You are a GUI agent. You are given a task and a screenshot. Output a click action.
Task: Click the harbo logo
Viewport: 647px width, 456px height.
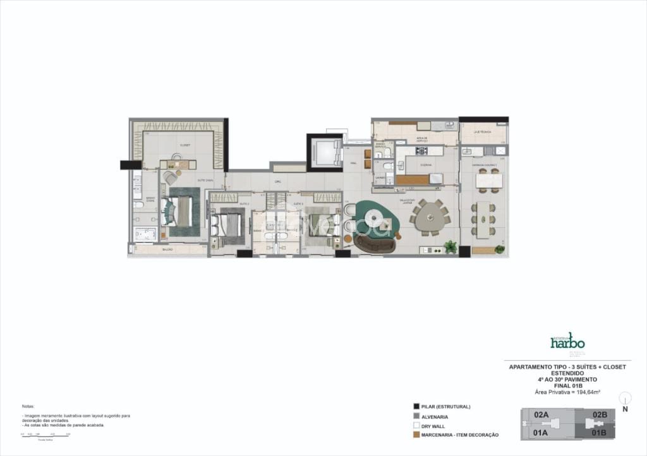567,342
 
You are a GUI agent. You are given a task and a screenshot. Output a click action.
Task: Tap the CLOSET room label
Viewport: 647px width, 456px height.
184,145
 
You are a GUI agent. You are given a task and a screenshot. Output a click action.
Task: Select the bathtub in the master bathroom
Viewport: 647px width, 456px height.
145,235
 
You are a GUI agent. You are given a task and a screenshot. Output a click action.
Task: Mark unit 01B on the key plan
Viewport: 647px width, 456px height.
599,433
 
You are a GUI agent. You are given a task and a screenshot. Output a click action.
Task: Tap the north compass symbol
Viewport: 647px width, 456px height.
625,399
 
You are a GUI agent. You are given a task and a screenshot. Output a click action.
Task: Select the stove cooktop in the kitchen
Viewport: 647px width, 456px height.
421,150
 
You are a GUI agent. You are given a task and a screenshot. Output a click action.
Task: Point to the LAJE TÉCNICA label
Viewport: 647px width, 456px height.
483,132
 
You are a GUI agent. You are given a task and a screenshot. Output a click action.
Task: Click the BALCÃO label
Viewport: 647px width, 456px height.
167,250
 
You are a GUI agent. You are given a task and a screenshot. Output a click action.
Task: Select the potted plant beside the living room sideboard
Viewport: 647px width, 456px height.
450,247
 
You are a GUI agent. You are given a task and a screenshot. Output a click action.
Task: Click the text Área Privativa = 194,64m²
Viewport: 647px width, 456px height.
567,392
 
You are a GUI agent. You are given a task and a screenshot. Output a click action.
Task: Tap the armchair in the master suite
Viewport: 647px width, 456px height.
170,177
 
